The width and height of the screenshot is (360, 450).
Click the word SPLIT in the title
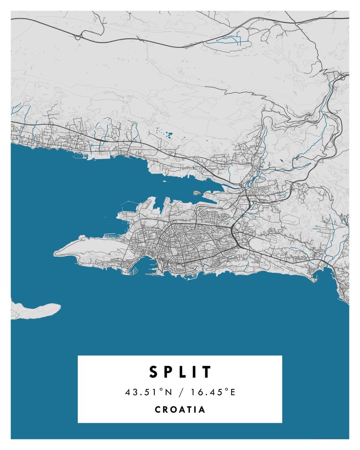click(x=180, y=372)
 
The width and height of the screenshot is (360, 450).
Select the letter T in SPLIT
click(x=207, y=372)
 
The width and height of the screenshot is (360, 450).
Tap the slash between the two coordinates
click(x=180, y=392)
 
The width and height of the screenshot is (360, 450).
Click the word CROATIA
click(x=180, y=410)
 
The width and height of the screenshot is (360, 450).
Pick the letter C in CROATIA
click(x=158, y=410)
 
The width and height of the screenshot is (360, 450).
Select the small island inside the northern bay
click(x=196, y=192)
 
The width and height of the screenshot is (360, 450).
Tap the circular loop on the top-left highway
click(x=78, y=37)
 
